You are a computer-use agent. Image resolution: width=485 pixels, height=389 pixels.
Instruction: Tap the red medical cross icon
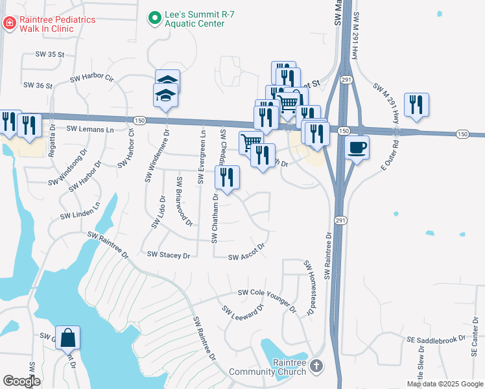click(10, 24)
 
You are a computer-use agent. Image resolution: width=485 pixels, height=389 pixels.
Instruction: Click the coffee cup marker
click(357, 147)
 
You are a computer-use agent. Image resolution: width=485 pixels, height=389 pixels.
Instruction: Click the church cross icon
click(316, 366)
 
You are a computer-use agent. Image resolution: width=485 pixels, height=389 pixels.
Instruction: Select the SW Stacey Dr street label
click(169, 255)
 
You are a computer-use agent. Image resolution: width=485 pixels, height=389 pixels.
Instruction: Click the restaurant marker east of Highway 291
click(416, 104)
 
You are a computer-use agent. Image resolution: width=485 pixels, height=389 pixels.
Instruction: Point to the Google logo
click(21, 381)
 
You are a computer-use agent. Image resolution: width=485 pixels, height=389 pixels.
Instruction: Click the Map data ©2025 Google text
click(445, 384)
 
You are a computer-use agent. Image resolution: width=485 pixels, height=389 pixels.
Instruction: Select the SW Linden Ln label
click(80, 211)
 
